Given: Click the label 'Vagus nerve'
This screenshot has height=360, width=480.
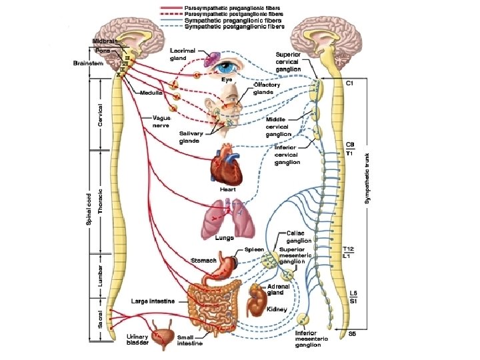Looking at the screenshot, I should coord(162,121).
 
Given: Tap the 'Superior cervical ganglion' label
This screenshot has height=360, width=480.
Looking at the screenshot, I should coord(288,61).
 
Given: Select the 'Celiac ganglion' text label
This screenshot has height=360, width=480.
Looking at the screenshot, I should coord(299,237).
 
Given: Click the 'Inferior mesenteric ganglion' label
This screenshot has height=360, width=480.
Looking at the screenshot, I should coord(312,339).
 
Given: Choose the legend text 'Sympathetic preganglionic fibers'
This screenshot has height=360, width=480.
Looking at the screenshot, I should coord(234,21).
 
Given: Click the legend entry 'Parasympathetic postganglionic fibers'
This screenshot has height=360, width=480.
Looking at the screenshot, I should coord(234,14).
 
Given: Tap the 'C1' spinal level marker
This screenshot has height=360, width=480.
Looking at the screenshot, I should coord(349,83).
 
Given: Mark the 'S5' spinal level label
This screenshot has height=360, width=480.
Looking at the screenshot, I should coord(351,333).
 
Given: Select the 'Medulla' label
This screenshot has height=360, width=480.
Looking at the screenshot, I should coord(151,92).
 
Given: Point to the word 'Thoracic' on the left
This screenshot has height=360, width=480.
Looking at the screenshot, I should coord(101,200).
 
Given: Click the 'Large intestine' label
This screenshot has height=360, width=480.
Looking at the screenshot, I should coord(153,301).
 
